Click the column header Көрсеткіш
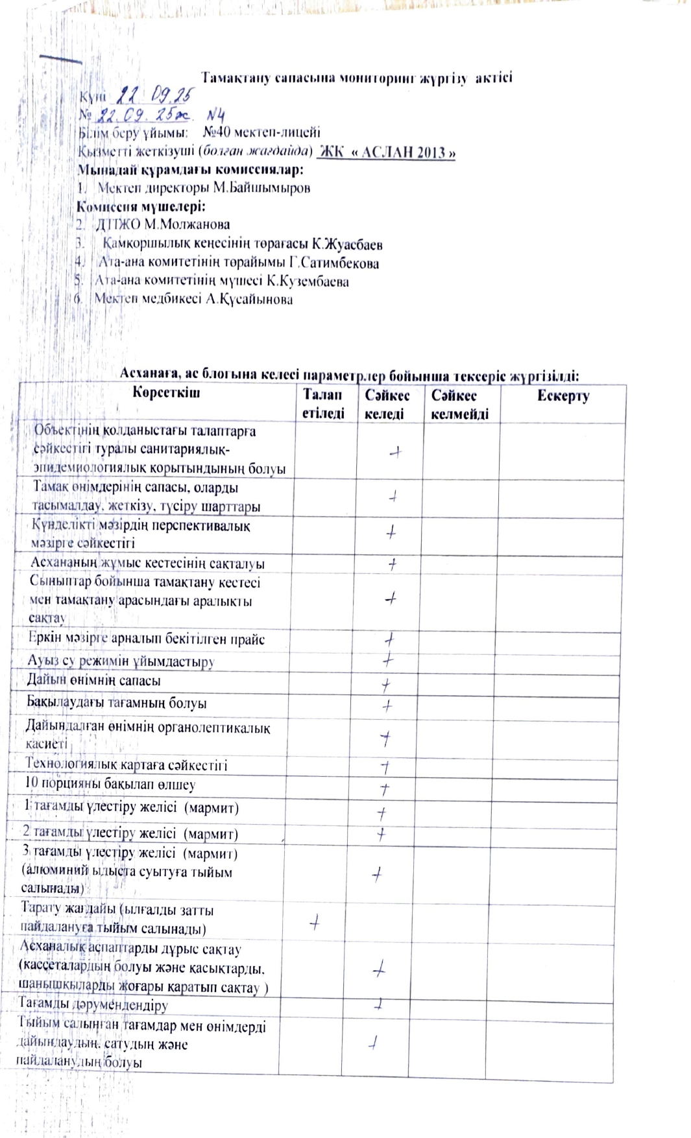click(x=166, y=392)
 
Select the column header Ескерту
click(x=563, y=396)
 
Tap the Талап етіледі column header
click(x=323, y=404)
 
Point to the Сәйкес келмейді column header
click(x=459, y=405)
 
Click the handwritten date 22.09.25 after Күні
click(x=154, y=97)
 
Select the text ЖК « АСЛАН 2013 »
click(x=386, y=152)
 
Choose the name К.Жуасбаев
click(x=346, y=244)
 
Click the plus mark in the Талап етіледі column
click(x=315, y=921)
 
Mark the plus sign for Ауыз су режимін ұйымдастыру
click(x=388, y=660)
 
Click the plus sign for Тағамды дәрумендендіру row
click(x=379, y=1005)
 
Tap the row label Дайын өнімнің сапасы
click(x=93, y=680)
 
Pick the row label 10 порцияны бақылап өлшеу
click(x=110, y=784)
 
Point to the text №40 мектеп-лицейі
click(x=261, y=133)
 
